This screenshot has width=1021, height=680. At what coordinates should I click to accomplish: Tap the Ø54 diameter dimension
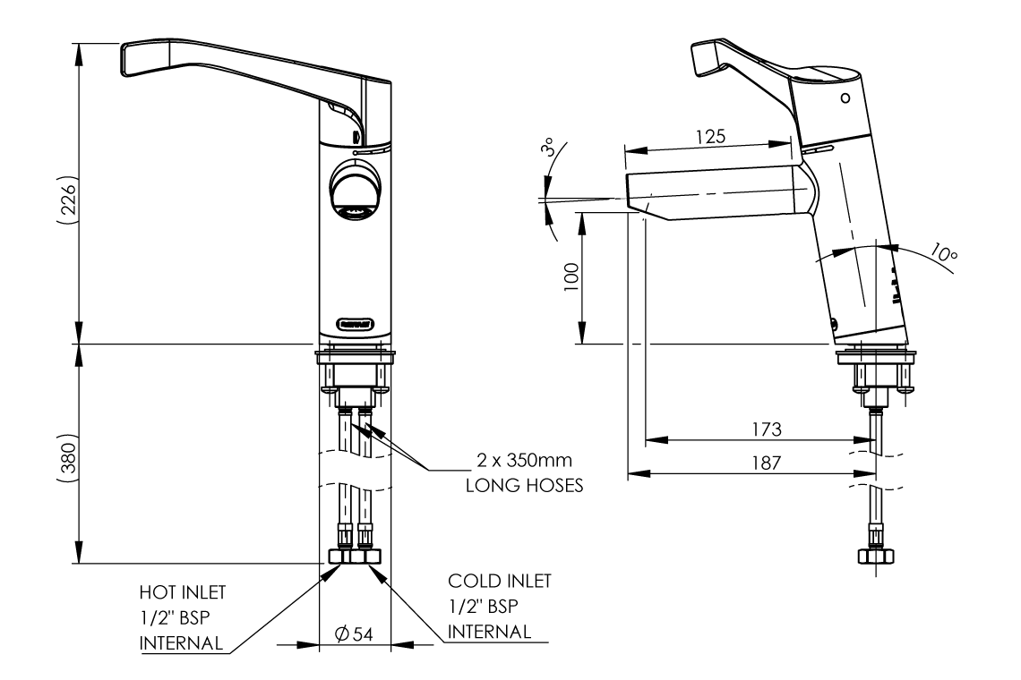click(354, 633)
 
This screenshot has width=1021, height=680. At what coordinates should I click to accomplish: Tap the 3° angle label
click(548, 148)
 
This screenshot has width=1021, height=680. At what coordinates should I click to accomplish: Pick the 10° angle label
click(943, 253)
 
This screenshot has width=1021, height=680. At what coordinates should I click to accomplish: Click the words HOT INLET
click(182, 591)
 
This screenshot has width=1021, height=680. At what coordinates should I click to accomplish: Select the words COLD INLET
click(500, 581)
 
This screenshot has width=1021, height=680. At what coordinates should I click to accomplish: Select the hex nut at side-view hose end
click(875, 556)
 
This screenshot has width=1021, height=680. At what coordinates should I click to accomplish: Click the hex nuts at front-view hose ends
click(355, 556)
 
